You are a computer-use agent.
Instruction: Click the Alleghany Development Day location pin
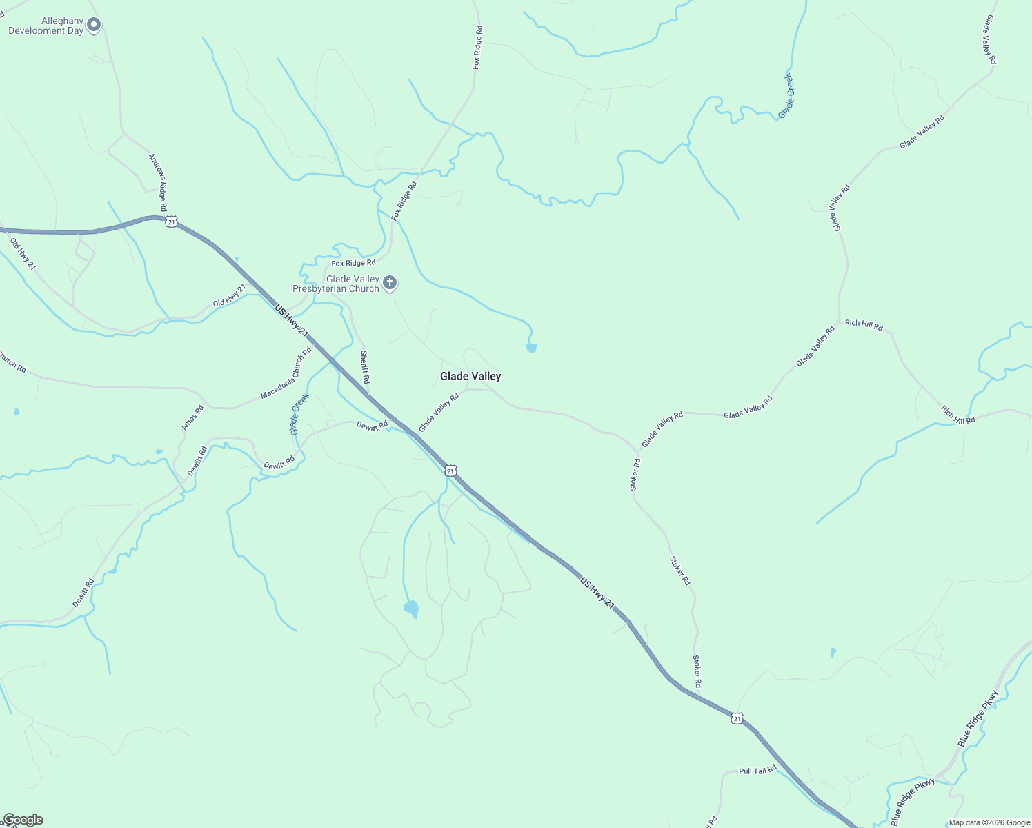click(x=94, y=25)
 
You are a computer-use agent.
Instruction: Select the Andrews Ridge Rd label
click(x=159, y=182)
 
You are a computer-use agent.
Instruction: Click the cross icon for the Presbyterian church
click(x=390, y=282)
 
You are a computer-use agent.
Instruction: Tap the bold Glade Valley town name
click(x=470, y=376)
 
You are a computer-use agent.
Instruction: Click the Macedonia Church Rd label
click(x=286, y=373)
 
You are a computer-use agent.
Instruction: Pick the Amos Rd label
click(x=192, y=417)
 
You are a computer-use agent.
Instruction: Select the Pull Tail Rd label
click(x=757, y=770)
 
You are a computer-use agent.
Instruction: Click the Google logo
click(x=23, y=820)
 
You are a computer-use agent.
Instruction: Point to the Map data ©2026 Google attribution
click(x=989, y=822)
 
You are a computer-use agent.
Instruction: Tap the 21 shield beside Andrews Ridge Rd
click(x=171, y=221)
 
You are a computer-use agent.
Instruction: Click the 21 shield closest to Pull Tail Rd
click(x=737, y=719)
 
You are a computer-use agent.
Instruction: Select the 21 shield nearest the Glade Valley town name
click(x=450, y=471)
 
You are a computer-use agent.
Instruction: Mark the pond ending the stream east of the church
click(x=531, y=348)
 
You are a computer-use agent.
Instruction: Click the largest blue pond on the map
click(x=411, y=609)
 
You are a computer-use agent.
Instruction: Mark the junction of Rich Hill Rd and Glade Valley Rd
click(x=840, y=320)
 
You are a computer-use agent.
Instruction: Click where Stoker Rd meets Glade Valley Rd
click(x=638, y=453)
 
